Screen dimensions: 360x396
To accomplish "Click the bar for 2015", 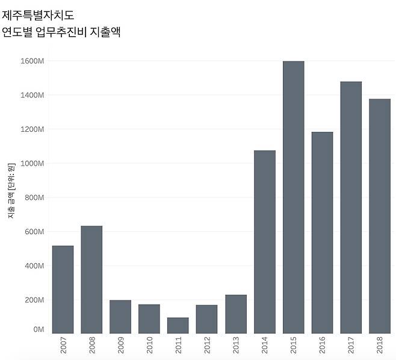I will [x=293, y=197].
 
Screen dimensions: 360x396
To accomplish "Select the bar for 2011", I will [x=178, y=325].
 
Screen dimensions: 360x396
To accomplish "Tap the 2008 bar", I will [x=91, y=279].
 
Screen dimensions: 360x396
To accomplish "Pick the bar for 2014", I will [x=264, y=241].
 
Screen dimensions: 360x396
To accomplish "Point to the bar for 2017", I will [x=351, y=207].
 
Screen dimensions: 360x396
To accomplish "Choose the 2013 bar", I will [x=235, y=314].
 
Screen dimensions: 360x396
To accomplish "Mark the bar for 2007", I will [x=63, y=289].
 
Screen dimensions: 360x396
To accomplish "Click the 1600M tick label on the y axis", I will [x=32, y=61].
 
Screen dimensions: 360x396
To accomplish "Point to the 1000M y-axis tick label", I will [x=32, y=163].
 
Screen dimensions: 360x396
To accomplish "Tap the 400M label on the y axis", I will [x=35, y=265].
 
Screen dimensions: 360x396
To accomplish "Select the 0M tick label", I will [x=39, y=329].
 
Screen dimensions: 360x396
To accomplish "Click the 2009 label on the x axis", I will [x=120, y=346].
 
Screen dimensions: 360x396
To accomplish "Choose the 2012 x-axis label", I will [x=206, y=346].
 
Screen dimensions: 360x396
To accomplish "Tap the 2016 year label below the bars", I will [x=322, y=346].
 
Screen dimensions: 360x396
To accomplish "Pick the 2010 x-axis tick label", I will [x=149, y=346].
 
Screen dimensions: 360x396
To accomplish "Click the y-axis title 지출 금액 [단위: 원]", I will [x=11, y=191].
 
